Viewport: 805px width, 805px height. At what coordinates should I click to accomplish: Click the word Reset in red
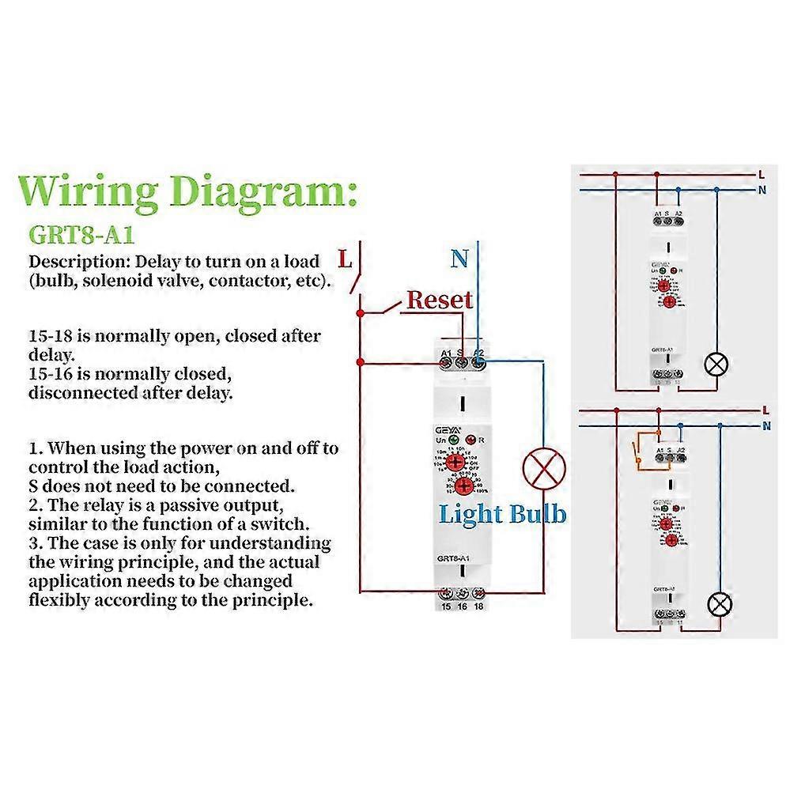coord(439,300)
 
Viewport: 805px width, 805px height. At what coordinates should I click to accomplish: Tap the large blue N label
coord(459,259)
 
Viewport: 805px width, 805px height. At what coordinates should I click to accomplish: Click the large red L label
coord(345,259)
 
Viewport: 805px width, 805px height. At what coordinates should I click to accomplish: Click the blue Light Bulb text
coord(502,514)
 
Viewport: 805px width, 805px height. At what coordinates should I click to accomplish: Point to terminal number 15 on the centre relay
coord(446,607)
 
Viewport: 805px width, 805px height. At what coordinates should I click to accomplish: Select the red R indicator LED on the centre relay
coord(471,440)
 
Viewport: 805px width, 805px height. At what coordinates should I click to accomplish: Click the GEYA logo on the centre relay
coord(448,426)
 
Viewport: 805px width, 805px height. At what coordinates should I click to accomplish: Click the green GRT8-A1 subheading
coord(82,235)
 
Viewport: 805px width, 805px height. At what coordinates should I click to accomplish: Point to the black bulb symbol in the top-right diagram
coord(716,365)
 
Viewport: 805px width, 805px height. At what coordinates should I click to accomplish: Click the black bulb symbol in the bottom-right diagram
coord(719,604)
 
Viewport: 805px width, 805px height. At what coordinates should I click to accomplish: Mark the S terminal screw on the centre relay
coord(461,363)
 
